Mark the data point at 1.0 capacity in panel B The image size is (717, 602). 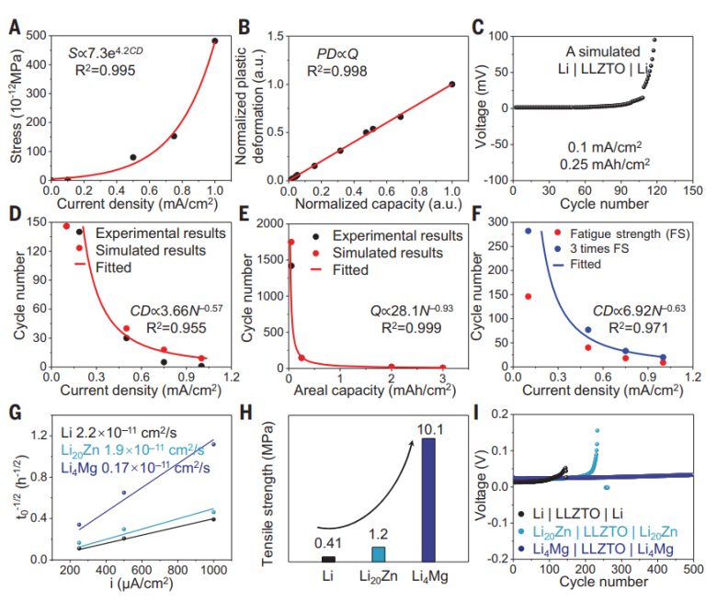pos(451,84)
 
